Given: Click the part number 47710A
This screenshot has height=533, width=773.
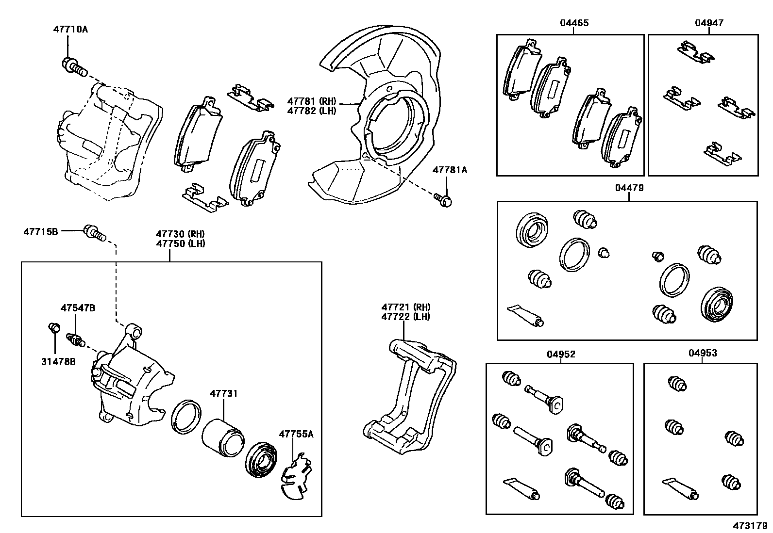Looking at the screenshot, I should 70,30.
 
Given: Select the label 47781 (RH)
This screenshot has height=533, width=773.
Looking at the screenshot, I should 311,101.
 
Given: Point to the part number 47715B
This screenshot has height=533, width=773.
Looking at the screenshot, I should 41,232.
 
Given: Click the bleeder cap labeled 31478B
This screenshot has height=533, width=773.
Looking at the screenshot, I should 54,328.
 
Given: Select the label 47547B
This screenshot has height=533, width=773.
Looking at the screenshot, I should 78,307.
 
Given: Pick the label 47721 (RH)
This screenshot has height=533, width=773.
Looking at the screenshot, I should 405,307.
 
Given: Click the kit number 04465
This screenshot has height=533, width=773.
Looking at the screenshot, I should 574,23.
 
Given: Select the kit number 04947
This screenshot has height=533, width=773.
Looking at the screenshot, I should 709,23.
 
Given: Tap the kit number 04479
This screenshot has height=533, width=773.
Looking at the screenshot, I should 629,188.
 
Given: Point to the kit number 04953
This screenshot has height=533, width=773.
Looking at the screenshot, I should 702,354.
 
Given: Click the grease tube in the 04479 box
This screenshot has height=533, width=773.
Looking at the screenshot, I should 525,315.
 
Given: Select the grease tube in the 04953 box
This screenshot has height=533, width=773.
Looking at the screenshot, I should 681,488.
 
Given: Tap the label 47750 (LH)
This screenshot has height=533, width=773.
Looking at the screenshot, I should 180,243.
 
